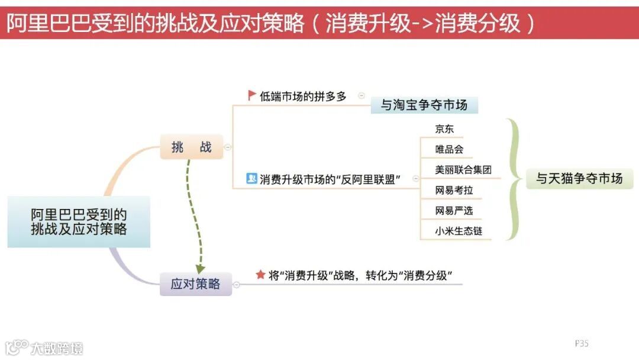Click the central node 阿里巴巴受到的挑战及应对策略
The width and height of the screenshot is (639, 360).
(x=79, y=221)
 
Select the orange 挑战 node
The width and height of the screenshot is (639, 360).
(x=191, y=147)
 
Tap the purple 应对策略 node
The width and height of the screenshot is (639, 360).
(x=195, y=284)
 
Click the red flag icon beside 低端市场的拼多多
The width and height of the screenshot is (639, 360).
(x=252, y=95)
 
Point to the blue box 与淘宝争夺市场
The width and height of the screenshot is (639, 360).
(x=424, y=105)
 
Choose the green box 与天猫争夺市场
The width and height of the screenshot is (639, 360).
(x=579, y=178)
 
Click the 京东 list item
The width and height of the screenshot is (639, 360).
(x=444, y=129)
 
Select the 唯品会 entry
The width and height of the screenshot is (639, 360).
(x=449, y=149)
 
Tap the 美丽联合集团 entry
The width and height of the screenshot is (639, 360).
(x=463, y=169)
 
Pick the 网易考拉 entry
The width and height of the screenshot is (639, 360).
(x=454, y=191)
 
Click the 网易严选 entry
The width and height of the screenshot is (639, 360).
(x=454, y=211)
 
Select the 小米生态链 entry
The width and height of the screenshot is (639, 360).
(x=459, y=231)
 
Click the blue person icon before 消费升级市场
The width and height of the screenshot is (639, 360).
(x=251, y=178)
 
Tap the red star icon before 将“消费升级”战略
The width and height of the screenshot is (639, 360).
(x=260, y=275)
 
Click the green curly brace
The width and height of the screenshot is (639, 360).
(x=513, y=178)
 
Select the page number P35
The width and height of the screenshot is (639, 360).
(x=582, y=343)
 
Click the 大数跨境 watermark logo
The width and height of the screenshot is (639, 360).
(x=44, y=347)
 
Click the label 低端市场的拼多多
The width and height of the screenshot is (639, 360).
(x=303, y=96)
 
